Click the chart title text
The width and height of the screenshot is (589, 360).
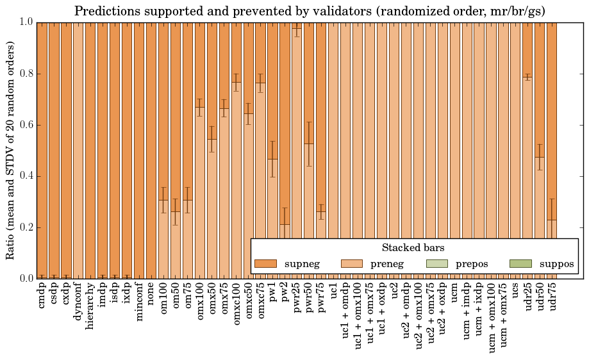310,11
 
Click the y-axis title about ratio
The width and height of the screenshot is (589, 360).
11,150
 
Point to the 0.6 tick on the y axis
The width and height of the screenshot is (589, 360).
26,125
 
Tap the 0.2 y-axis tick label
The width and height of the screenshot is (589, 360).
26,227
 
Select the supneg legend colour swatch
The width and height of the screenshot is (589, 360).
265,264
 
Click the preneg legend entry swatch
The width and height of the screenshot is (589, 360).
351,264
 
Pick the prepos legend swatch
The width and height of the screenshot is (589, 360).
437,264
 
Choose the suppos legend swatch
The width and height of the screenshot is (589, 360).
520,264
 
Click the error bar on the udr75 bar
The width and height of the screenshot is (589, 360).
552,219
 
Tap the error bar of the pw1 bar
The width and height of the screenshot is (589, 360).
272,159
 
